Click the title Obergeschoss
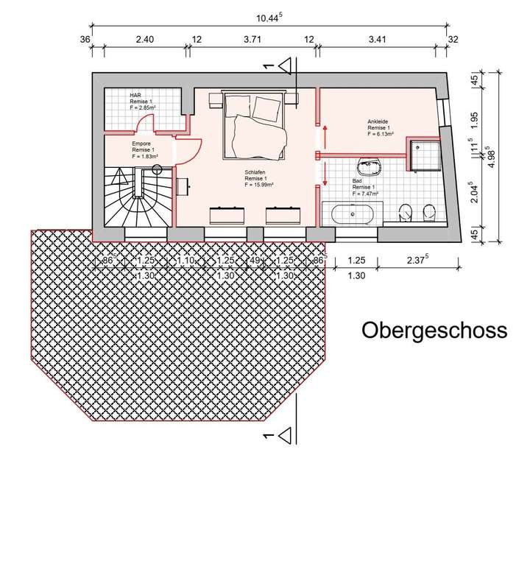tap(434, 331)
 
